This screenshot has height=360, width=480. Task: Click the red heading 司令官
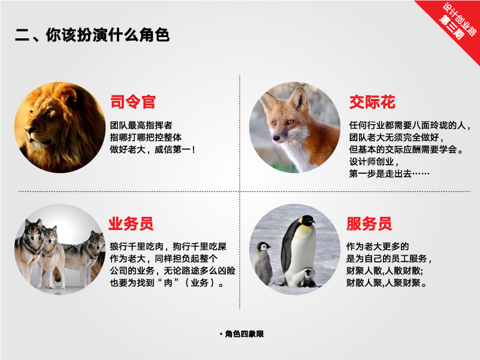pyautogui.click(x=133, y=102)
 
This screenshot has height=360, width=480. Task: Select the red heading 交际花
pyautogui.click(x=372, y=102)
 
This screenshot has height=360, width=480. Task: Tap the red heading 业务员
pyautogui.click(x=131, y=223)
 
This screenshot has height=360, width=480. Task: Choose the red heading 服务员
pyautogui.click(x=369, y=223)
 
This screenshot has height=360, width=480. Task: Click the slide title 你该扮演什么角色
pyautogui.click(x=107, y=35)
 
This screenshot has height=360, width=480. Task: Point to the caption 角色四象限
pyautogui.click(x=244, y=334)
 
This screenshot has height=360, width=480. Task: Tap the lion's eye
pyautogui.click(x=49, y=111)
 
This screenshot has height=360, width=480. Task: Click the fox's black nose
pyautogui.click(x=276, y=138)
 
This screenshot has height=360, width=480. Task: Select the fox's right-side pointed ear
pyautogui.click(x=299, y=98)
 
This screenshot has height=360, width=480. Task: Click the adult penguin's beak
pyautogui.click(x=311, y=220)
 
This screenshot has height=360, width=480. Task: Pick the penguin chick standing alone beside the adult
pyautogui.click(x=262, y=263)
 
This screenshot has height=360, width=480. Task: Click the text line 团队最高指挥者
pyautogui.click(x=141, y=125)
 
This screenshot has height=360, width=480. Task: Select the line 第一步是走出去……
pyautogui.click(x=389, y=174)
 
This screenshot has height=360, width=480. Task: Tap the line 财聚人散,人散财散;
pyautogui.click(x=385, y=271)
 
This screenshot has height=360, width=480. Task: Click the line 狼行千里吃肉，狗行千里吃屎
pyautogui.click(x=168, y=246)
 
